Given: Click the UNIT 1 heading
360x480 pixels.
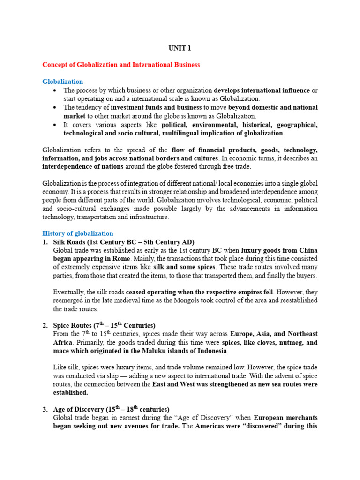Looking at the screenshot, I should pos(180,48).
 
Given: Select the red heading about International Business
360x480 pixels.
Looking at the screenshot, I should pos(121,65).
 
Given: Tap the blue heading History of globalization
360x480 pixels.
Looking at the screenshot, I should pos(78,233).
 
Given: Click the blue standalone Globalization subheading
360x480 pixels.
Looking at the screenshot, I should pos(63,82).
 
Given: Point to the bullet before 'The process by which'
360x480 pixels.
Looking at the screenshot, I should pos(55,90).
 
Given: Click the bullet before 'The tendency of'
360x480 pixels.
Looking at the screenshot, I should pos(55,108).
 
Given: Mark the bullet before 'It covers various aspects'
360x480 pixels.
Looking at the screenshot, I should pos(55,125).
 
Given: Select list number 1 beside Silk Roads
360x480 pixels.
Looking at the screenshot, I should pos(45,242).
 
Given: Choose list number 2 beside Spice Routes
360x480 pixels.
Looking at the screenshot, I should pos(45,325).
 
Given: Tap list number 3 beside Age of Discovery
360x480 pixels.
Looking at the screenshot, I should pos(45,409).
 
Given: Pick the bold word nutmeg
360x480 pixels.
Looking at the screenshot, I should pos(287,343).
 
